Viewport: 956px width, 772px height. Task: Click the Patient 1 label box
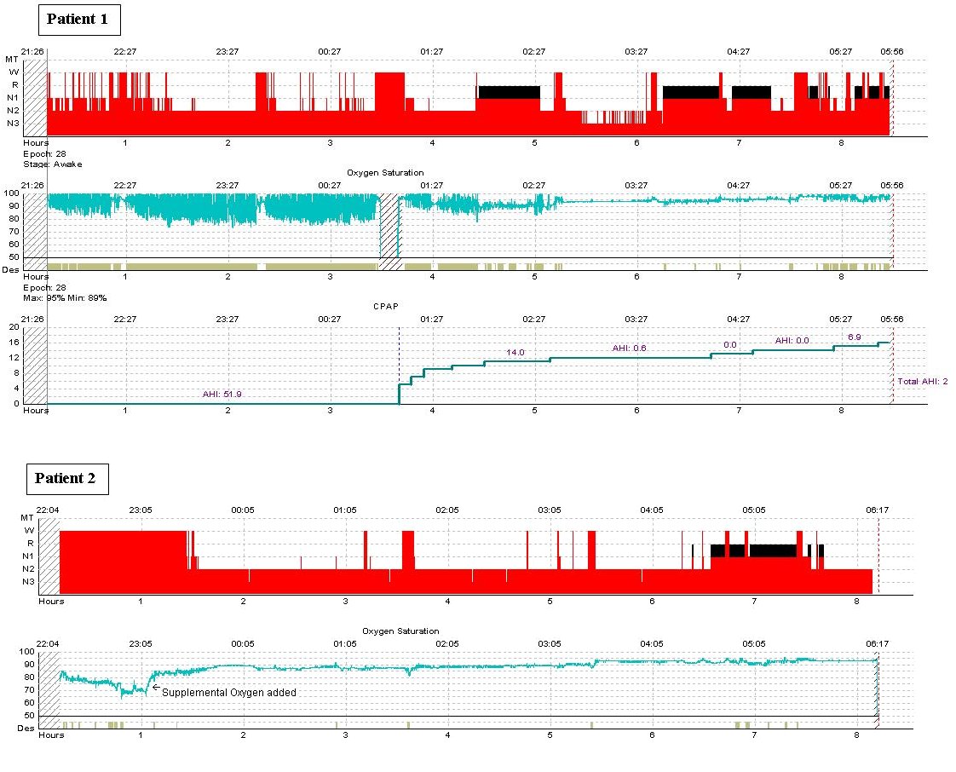(78, 19)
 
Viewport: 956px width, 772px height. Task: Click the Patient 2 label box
(66, 478)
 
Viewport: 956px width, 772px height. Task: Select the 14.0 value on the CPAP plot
(515, 352)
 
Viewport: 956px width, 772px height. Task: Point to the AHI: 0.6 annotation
(629, 348)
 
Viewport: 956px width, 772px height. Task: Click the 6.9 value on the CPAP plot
(855, 337)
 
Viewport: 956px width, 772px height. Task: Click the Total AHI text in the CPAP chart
(923, 381)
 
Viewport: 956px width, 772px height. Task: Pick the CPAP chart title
(385, 305)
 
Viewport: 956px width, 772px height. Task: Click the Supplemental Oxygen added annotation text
(228, 693)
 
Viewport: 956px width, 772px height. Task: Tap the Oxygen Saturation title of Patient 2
(400, 631)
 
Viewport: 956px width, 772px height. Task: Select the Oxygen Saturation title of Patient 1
(385, 173)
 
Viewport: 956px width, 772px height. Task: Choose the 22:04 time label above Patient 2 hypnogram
(48, 510)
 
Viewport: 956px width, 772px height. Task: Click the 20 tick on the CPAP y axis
(14, 327)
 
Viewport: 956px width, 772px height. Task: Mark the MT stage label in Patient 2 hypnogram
(27, 517)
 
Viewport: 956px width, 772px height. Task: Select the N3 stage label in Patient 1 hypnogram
(14, 124)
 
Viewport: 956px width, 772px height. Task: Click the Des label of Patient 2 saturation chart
(26, 728)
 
